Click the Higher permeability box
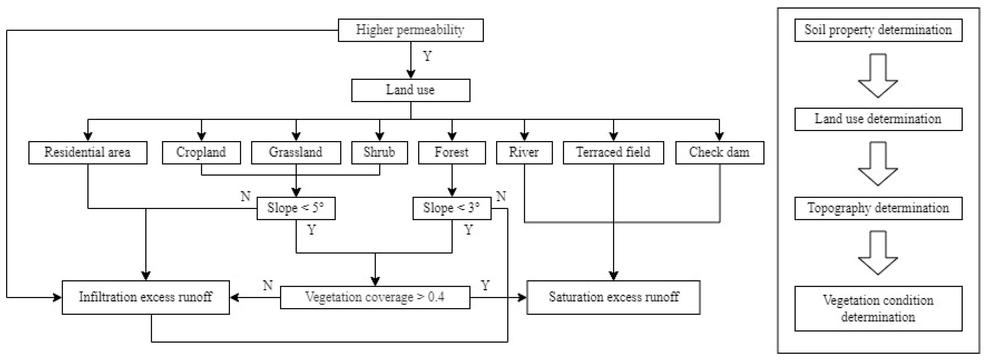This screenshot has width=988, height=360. point(410,30)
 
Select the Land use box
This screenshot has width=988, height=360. point(410,90)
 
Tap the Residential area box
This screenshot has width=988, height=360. point(88,152)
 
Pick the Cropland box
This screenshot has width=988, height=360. point(201,152)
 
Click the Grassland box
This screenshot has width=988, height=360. point(296,152)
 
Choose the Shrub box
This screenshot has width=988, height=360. point(379,152)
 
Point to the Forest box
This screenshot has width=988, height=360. point(452,152)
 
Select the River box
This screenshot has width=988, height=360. point(524,152)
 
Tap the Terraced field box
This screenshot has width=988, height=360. point(613,152)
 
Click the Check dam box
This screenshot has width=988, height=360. point(719,152)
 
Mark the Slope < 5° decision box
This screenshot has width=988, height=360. point(296,208)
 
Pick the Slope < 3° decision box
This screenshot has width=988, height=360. point(452,208)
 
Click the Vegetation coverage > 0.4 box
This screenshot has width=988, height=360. point(375,297)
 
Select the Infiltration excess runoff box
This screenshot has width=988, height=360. point(146,297)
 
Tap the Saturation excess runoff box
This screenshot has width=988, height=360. point(613,297)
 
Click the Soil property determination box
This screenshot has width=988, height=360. point(878,30)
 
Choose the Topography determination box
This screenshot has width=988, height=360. point(878,208)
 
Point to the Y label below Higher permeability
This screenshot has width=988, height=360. point(427,56)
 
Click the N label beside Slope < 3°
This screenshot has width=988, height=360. point(501,196)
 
